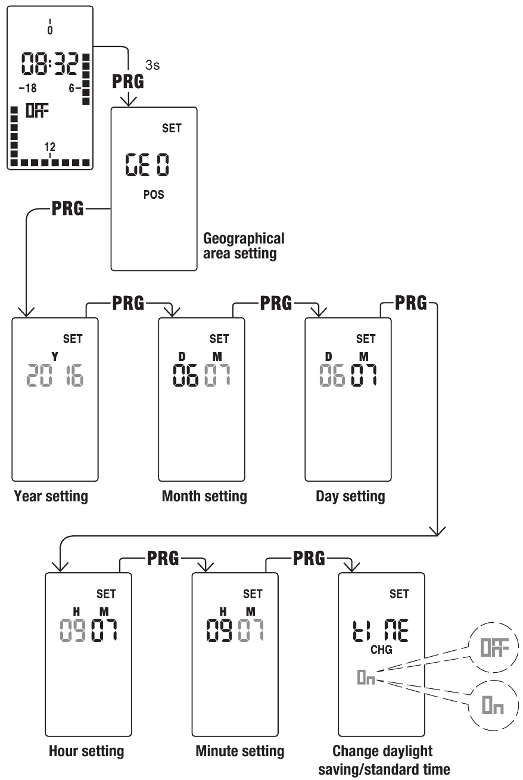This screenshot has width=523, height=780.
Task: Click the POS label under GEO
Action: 153,195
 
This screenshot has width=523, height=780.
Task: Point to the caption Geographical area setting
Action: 244,246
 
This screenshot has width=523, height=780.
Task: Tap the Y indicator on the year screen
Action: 55,356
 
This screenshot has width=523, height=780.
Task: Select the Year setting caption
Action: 51,497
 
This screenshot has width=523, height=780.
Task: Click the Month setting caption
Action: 204,497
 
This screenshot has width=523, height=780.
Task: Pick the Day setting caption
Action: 350,497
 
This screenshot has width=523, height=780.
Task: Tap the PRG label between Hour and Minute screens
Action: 161,558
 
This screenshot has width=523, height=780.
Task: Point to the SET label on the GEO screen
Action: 172,128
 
